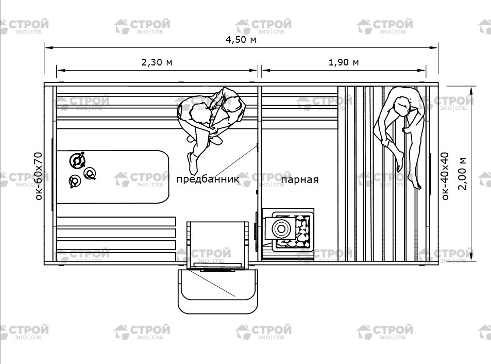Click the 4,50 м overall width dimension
(x=241, y=40)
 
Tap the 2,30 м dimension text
(x=157, y=62)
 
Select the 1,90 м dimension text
(x=344, y=62)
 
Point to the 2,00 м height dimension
(x=463, y=174)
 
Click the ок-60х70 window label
(x=39, y=176)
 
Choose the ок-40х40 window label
(x=445, y=176)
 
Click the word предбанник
(x=208, y=179)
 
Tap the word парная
(x=300, y=180)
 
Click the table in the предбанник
(x=113, y=177)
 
